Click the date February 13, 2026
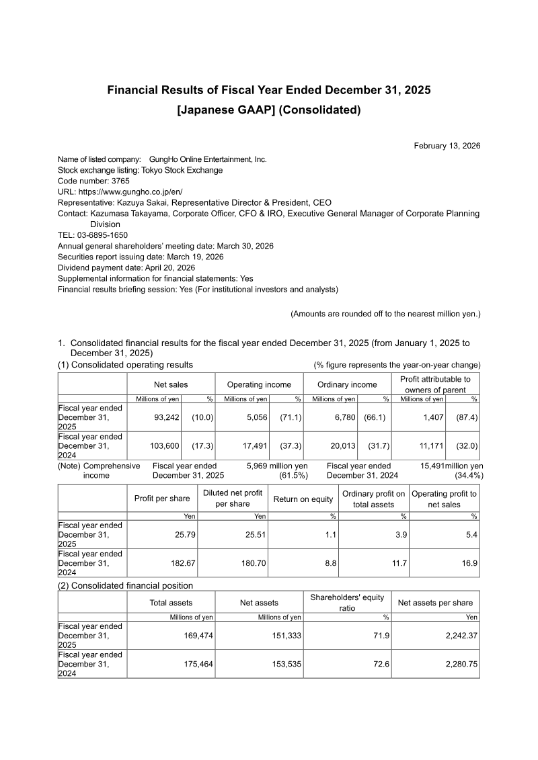pos(447,146)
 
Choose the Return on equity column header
pos(303,499)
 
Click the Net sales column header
pos(171,384)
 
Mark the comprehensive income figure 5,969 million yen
pos(278,466)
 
